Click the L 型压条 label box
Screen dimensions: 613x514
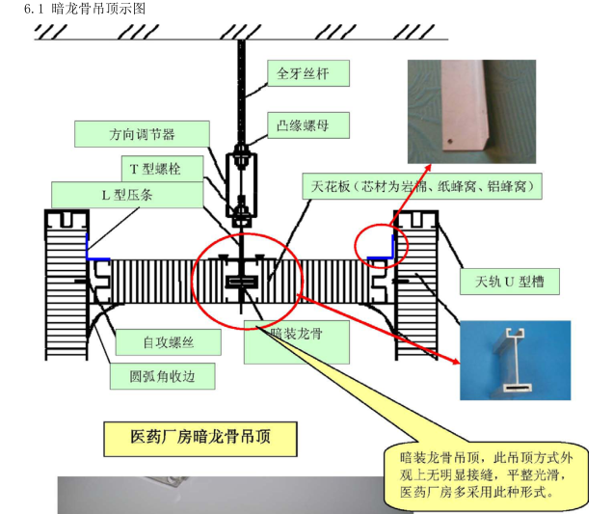click(x=127, y=194)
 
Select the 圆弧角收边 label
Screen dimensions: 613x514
click(x=157, y=376)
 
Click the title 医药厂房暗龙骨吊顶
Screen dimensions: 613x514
click(x=200, y=437)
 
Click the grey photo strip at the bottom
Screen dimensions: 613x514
click(x=222, y=494)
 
